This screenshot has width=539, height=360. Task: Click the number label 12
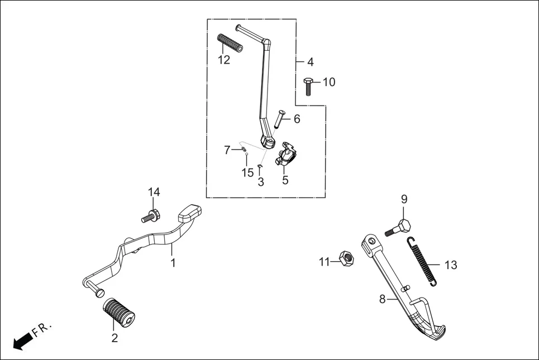[x=223, y=60]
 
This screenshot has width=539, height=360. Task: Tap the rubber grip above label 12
[x=231, y=44]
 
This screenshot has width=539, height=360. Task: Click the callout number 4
[x=310, y=62]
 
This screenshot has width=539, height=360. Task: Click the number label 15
[x=247, y=173]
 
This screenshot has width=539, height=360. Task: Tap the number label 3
[x=261, y=182]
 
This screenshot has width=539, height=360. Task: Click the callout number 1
[x=173, y=262]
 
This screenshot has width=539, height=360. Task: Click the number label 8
[x=383, y=299]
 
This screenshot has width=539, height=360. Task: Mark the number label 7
[x=227, y=150]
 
